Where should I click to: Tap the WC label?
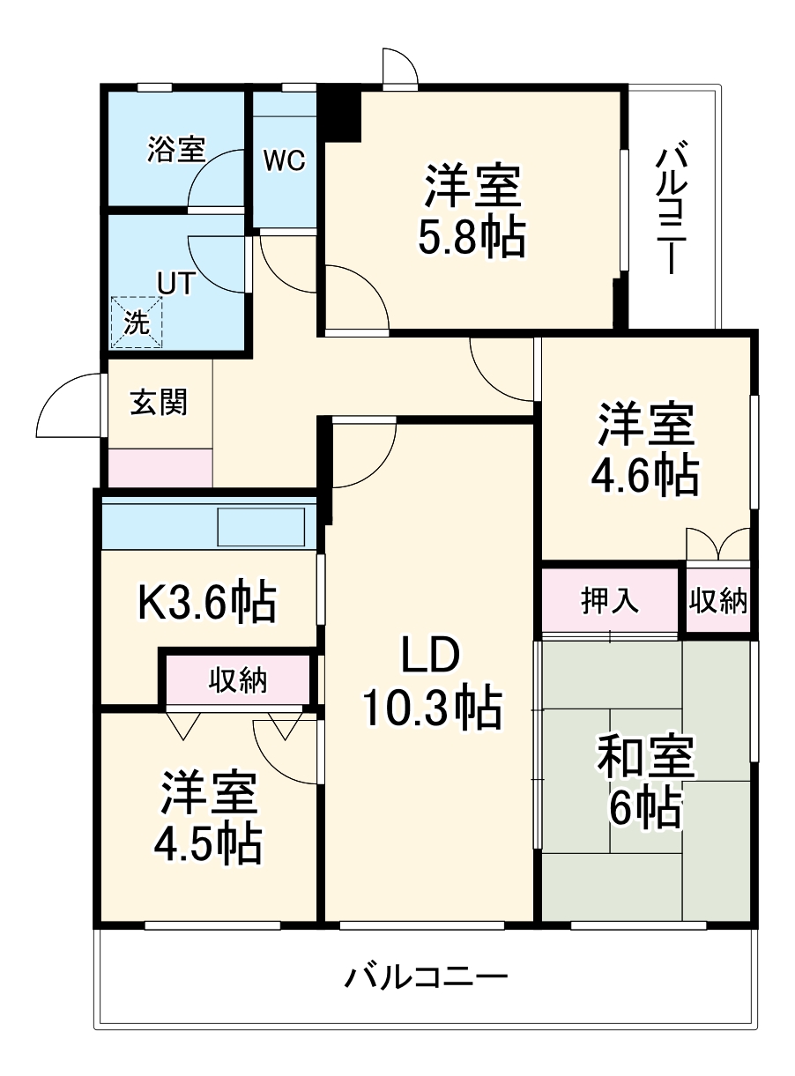[x=284, y=160]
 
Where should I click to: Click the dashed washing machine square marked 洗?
[x=137, y=322]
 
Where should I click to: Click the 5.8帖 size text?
[x=472, y=238]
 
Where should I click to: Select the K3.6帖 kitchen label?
[x=208, y=604]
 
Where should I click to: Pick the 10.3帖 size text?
[x=431, y=708]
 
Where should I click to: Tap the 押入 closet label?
[x=609, y=601]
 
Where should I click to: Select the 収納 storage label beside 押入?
[x=718, y=601]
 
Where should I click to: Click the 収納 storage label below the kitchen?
[x=238, y=679]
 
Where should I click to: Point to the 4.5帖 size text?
[x=207, y=843]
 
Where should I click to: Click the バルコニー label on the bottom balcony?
[x=427, y=977]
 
